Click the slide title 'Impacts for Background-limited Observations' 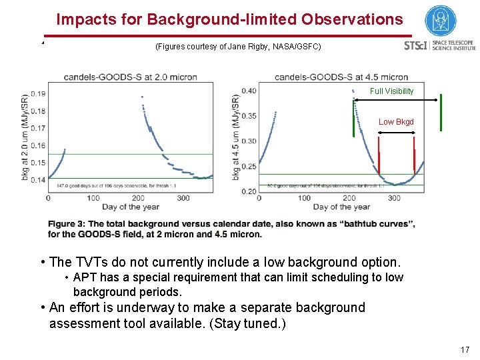tap(229, 19)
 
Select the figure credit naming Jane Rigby tap(238, 47)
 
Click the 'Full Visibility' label tap(391, 91)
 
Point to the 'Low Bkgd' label tap(396, 122)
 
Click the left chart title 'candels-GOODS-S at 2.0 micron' tap(130, 77)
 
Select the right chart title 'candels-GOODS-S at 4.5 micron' tap(341, 77)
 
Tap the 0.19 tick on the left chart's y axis tap(38, 94)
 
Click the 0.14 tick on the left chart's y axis tap(38, 180)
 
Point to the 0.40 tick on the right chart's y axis tap(249, 91)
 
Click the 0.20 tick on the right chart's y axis tap(249, 191)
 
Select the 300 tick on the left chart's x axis tap(183, 198)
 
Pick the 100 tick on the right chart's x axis tap(304, 198)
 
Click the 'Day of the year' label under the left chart tap(131, 207)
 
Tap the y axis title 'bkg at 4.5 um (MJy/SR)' tap(236, 137)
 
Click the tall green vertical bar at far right tap(441, 113)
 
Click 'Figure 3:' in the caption tap(67, 224)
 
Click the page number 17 tap(465, 349)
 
